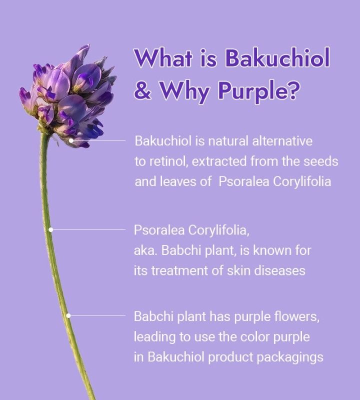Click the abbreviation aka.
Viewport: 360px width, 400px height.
point(144,250)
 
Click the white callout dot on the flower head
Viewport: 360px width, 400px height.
point(71,140)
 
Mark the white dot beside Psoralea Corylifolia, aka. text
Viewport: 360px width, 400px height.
point(50,229)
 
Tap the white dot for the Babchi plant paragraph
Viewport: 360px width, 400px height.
point(68,315)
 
